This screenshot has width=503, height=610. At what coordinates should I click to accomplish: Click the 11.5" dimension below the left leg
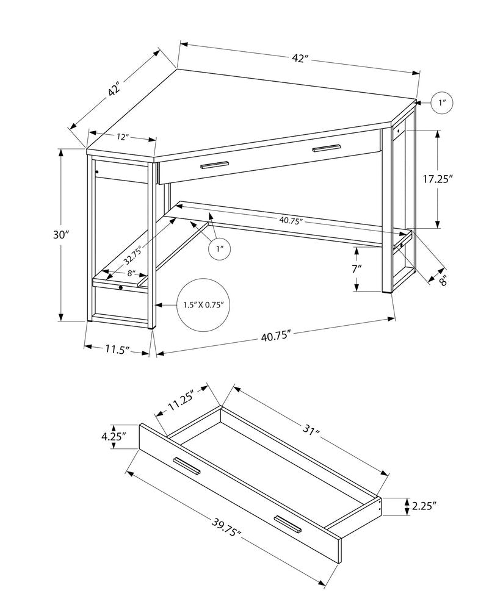point(117,350)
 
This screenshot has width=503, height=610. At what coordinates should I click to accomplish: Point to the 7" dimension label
point(357,268)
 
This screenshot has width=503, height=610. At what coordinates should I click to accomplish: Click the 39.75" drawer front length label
point(225,530)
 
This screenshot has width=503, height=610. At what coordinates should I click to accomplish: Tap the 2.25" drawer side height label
point(425,505)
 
